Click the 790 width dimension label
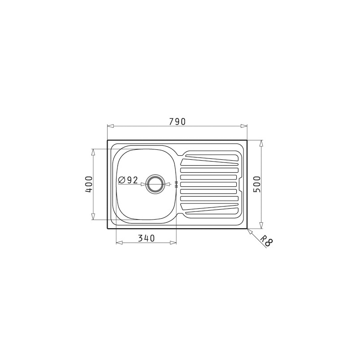pos(177,121)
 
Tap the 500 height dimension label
pos(257,184)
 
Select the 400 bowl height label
pos(89,184)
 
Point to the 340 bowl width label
pos(146,238)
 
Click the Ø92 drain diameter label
pos(128,180)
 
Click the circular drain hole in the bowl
pos(155,184)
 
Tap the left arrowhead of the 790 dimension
pos(111,126)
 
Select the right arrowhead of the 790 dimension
pos(244,126)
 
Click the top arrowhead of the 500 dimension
pos(261,143)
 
